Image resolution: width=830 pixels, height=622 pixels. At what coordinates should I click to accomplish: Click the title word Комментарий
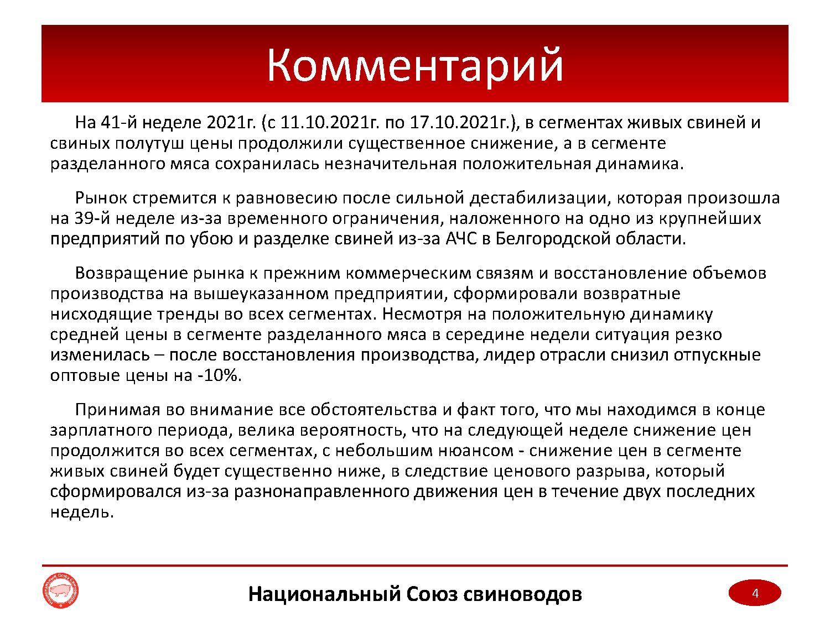tap(415, 65)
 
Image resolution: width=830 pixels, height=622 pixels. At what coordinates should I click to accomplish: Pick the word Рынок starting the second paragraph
tap(101, 198)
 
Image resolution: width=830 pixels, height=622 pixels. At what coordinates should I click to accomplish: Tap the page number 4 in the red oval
tap(755, 593)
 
